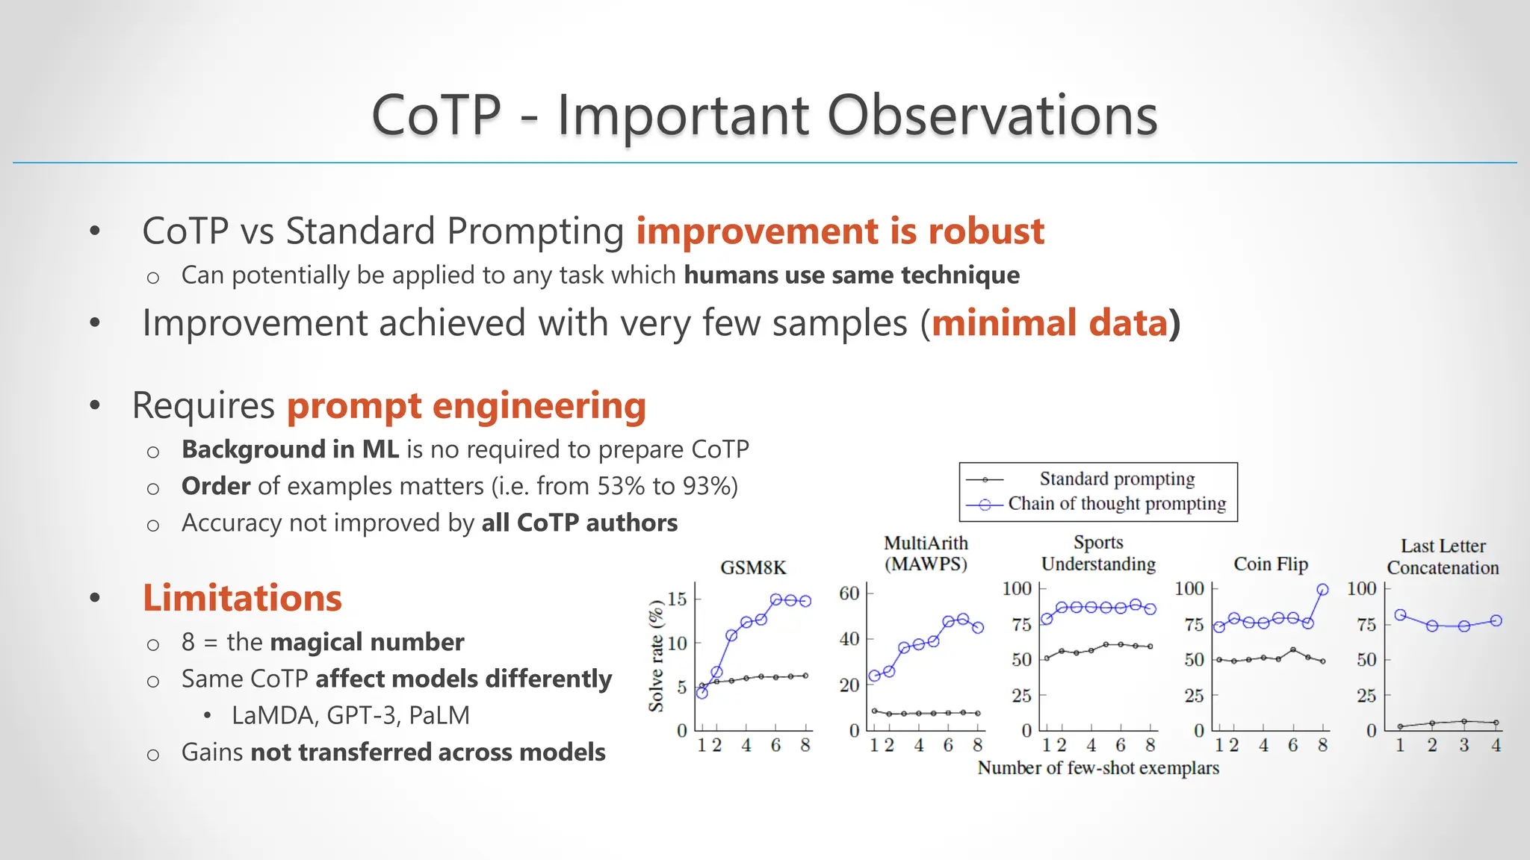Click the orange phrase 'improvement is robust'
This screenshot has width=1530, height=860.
coord(840,231)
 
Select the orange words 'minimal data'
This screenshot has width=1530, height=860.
coord(1050,323)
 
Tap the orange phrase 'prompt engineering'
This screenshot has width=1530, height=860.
coord(466,405)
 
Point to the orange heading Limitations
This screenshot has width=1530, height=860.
coord(242,598)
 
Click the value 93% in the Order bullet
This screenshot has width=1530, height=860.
coord(704,486)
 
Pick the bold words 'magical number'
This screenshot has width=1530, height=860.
coord(367,642)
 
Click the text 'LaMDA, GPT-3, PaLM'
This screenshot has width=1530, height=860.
coord(350,715)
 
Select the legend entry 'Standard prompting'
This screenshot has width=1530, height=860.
coord(1116,479)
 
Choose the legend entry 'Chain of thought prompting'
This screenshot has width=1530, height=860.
coord(1116,504)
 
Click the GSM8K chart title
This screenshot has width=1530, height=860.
coord(753,568)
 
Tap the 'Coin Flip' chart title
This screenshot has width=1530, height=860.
coord(1270,564)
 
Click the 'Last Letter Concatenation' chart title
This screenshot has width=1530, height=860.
coord(1443,557)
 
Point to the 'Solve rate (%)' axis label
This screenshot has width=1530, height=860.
coord(656,655)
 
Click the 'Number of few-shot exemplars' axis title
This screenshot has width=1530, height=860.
coord(1097,768)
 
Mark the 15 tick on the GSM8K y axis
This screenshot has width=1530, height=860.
coord(677,599)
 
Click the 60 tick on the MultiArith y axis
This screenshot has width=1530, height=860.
coord(849,593)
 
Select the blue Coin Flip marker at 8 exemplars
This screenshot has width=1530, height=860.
coord(1322,590)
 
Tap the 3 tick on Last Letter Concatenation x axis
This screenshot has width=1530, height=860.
coord(1464,745)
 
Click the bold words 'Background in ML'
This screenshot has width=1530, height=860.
coord(290,449)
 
